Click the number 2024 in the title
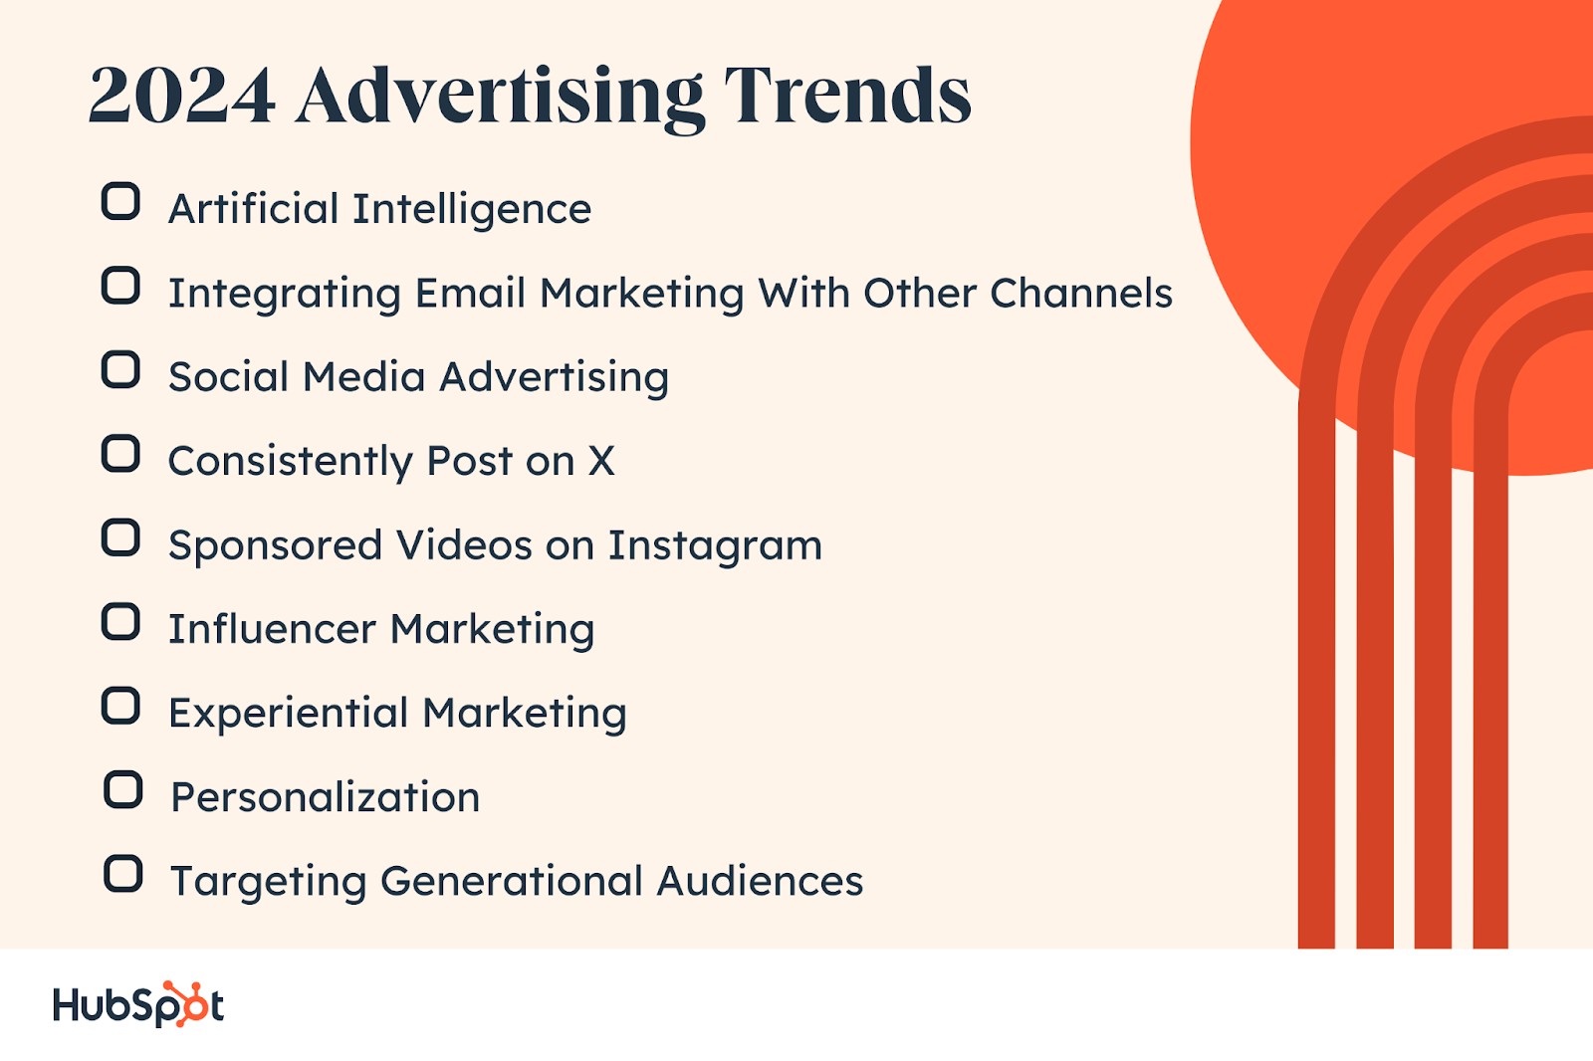182,96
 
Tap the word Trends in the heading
847,96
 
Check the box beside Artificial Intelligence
120,202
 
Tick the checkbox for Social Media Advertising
120,370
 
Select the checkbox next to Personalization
123,790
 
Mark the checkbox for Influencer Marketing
120,622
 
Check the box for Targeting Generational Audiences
123,874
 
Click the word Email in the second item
471,293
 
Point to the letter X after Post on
601,461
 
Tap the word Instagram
716,546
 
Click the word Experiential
288,714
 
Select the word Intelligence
472,209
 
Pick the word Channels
1081,293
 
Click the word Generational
512,881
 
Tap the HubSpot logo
138,1004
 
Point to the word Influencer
273,629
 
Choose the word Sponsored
276,546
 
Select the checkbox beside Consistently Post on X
120,454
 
